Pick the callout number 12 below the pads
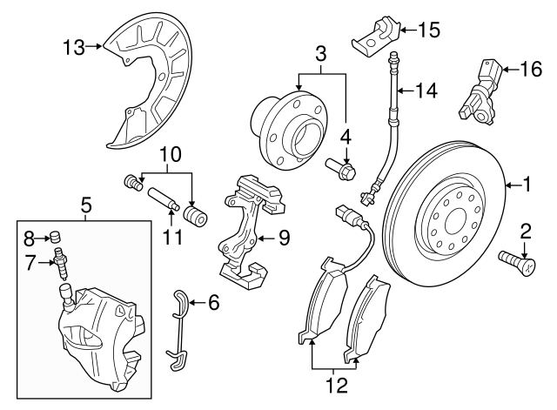[332, 384]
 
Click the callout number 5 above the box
[85, 205]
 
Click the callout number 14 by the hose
[427, 89]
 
